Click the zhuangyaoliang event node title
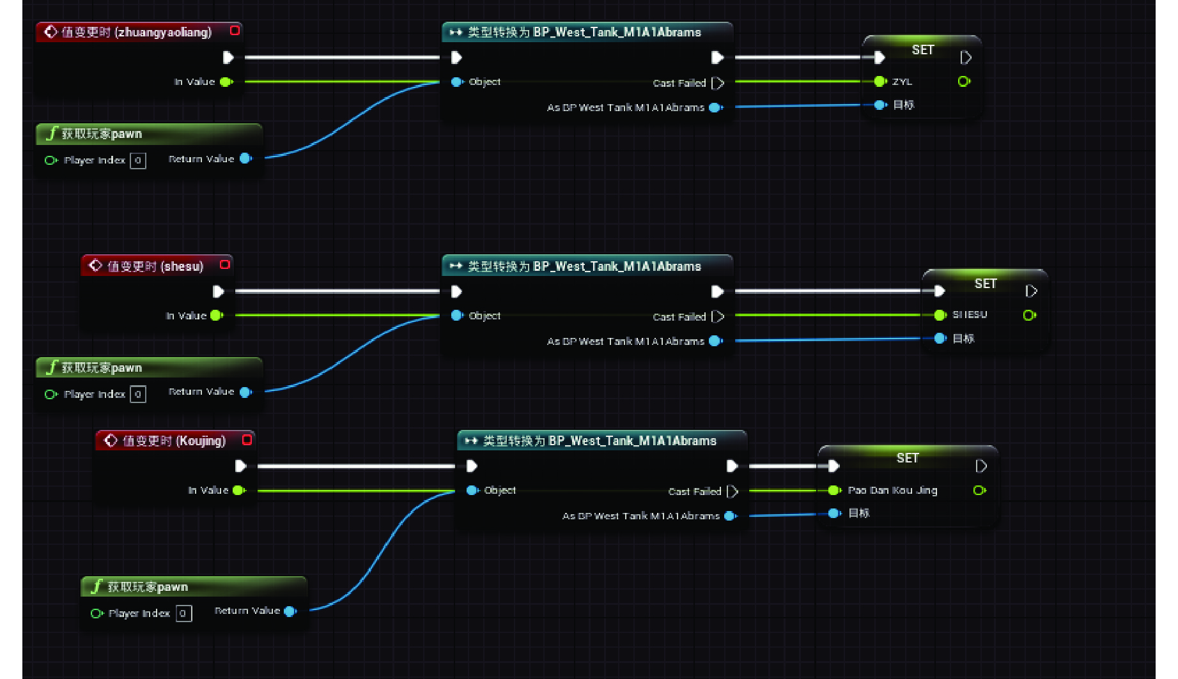coord(136,32)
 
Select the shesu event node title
coord(155,266)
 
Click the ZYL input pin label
coord(902,82)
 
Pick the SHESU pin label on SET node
coord(970,315)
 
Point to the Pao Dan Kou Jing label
coord(892,491)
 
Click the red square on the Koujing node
coord(247,439)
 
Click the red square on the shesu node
coord(225,264)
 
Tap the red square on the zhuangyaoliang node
coord(235,31)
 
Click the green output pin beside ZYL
coord(964,82)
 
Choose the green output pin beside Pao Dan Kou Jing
coord(979,491)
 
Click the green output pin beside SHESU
coord(1029,315)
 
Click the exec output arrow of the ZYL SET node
coord(966,57)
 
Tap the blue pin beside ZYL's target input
coord(880,105)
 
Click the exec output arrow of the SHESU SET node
coord(1031,291)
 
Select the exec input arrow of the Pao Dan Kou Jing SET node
coord(833,466)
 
